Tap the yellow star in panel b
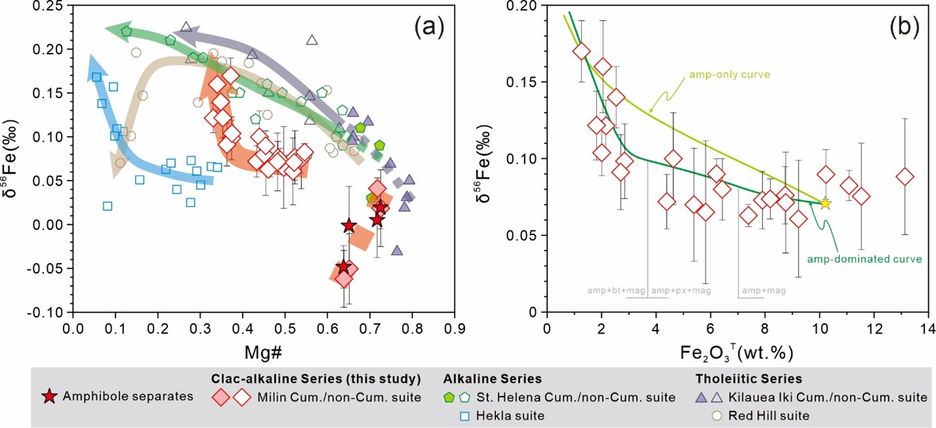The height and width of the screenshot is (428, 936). pos(825,204)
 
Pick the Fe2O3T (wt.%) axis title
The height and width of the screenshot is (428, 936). pos(736,353)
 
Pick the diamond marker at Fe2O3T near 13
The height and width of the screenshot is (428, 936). pos(905,177)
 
